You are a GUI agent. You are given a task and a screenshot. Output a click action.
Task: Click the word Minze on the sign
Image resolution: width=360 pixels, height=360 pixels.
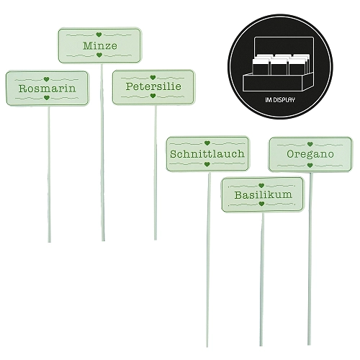[x=100, y=45]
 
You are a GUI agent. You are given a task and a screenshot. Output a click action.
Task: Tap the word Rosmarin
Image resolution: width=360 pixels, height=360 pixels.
[x=47, y=89]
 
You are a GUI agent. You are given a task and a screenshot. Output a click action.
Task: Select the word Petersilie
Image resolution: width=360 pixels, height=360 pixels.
[x=153, y=86]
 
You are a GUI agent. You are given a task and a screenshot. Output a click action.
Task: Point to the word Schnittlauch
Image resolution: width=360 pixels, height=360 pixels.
[x=207, y=154]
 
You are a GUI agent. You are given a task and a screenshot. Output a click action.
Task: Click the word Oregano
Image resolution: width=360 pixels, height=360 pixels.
[x=310, y=154]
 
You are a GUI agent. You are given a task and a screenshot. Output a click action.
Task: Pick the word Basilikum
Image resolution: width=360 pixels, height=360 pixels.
[x=264, y=194]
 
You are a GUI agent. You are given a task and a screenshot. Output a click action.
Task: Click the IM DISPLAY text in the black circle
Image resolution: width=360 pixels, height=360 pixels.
[x=280, y=100]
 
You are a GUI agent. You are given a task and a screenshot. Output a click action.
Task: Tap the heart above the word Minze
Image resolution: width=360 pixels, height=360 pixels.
[x=99, y=35]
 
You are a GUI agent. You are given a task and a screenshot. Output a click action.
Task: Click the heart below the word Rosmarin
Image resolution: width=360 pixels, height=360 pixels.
[x=47, y=98]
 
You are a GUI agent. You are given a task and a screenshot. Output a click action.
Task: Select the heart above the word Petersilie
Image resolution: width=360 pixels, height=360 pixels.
[x=153, y=78]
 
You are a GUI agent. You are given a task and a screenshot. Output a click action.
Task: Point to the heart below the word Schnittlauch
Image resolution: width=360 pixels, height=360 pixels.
[x=207, y=164]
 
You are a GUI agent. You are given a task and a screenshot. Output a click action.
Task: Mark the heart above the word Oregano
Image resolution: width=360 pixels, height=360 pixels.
[x=310, y=144]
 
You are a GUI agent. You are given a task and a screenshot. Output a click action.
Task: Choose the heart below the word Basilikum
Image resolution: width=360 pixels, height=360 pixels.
[x=261, y=204]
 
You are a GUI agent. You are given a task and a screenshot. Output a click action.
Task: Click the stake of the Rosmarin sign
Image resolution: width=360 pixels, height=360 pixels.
[x=49, y=174]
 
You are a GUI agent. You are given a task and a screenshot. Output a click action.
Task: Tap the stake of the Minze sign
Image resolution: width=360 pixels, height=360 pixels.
[x=102, y=152]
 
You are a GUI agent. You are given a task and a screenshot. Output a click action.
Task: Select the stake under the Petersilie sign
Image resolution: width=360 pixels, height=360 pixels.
[x=156, y=172]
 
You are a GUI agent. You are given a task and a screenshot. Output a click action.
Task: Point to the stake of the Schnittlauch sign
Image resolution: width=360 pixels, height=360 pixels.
[x=208, y=259]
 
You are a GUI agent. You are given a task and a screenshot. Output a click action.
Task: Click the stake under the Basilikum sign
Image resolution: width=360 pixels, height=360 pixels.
[x=262, y=279]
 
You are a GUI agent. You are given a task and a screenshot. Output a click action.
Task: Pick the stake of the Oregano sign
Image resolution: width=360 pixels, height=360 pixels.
[x=310, y=258]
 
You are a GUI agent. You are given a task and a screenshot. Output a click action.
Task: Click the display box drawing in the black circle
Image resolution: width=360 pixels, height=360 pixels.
[x=278, y=64]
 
